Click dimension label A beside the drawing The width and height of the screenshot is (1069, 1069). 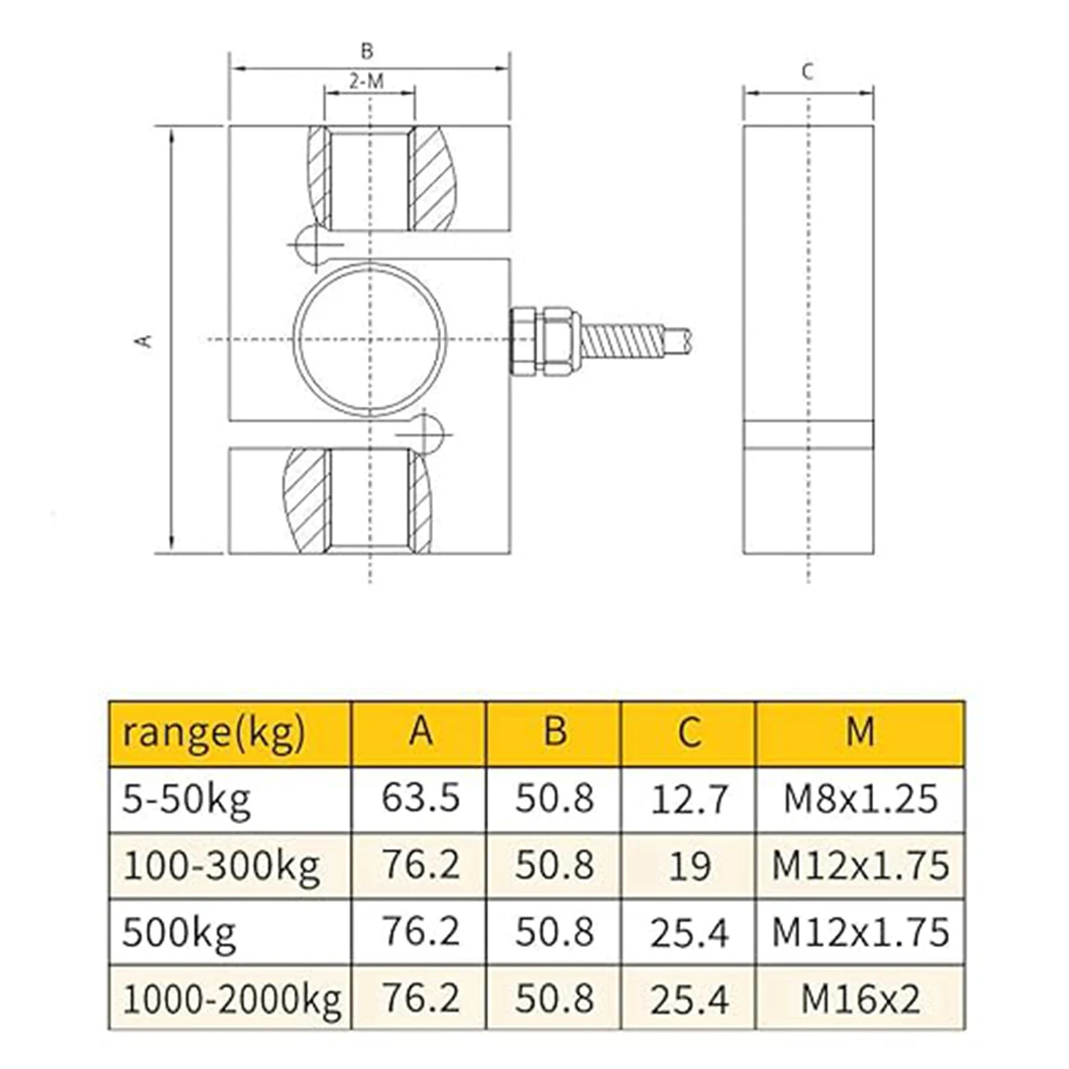click(x=145, y=339)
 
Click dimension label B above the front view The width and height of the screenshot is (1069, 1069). click(x=367, y=51)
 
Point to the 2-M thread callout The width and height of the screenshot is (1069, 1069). click(x=366, y=82)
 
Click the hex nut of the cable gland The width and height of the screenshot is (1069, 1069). click(x=558, y=339)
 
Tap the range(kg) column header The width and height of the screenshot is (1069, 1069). click(x=214, y=734)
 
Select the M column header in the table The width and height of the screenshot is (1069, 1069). click(x=860, y=731)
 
